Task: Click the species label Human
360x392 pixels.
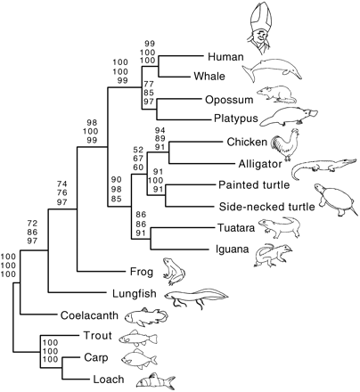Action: click(225, 56)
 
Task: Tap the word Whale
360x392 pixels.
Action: click(209, 76)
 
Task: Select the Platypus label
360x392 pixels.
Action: click(236, 118)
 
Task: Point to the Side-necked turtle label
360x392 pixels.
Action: click(266, 207)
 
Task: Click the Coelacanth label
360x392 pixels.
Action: click(89, 315)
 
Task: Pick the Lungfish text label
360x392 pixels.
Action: click(135, 294)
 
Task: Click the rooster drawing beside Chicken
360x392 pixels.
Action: click(285, 145)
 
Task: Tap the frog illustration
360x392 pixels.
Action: click(174, 272)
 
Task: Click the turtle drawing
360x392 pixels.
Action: click(335, 200)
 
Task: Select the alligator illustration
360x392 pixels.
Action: click(323, 167)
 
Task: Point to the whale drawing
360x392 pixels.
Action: click(272, 70)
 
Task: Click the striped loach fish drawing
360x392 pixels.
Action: click(156, 380)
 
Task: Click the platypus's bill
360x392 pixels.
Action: click(311, 113)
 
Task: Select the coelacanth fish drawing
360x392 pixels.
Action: click(146, 315)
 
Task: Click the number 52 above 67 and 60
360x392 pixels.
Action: click(138, 150)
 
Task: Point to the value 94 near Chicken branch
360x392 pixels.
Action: click(160, 130)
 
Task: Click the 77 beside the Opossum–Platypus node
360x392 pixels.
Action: click(149, 84)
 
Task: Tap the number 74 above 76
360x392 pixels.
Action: click(61, 184)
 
